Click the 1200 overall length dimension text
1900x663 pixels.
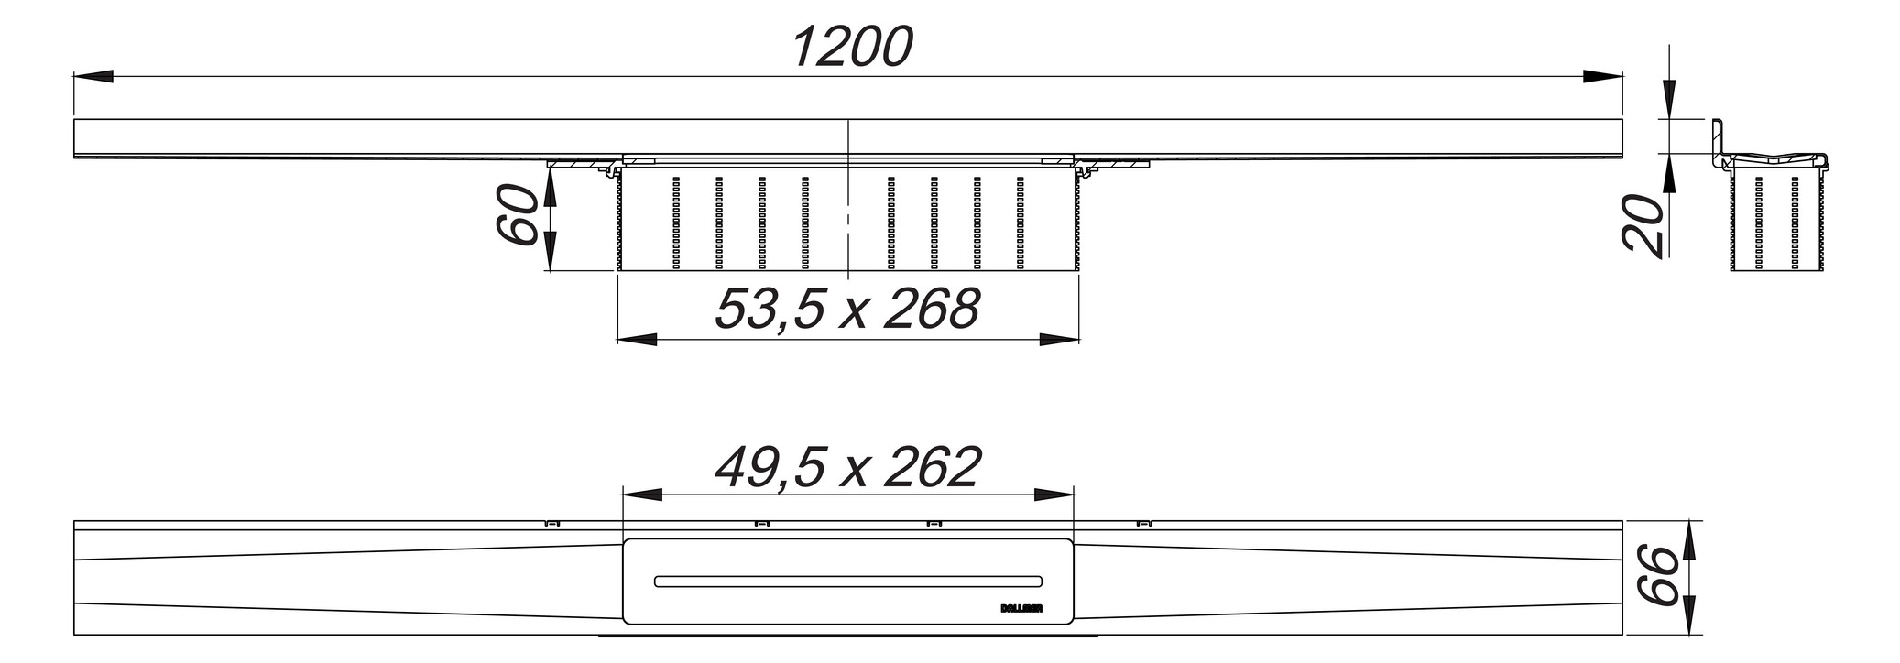[x=852, y=47]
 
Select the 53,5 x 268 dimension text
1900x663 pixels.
[x=847, y=309]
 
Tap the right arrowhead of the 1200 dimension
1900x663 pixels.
[x=1603, y=77]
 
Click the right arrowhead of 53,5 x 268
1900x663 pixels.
[x=1058, y=340]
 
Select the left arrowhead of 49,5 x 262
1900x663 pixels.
[x=642, y=495]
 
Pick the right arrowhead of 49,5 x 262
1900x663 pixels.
[x=1054, y=495]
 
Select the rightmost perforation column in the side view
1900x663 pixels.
[x=1019, y=223]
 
